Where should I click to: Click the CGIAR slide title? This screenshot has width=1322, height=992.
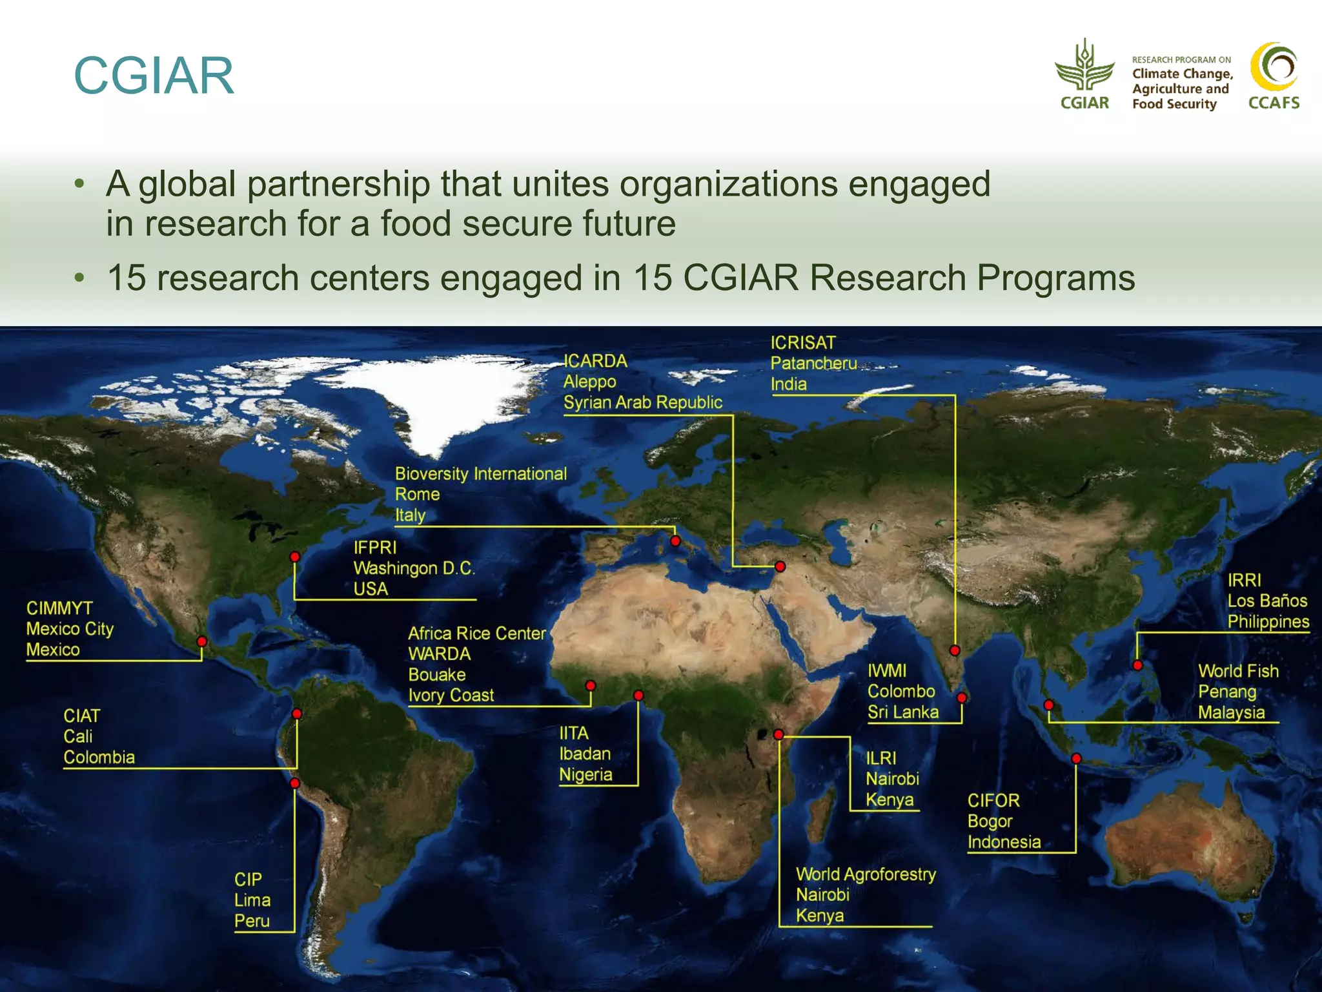(x=154, y=76)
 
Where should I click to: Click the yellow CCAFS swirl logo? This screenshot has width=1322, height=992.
(x=1274, y=67)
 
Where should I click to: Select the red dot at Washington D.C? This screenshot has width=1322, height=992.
(x=295, y=557)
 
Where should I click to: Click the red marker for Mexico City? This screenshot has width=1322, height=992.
(x=202, y=641)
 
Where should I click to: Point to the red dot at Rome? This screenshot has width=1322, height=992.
(x=675, y=541)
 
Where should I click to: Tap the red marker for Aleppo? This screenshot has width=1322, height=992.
(x=780, y=566)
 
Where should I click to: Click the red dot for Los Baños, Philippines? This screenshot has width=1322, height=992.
(x=1137, y=665)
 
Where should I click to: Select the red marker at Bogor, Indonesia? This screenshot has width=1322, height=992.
(x=1076, y=759)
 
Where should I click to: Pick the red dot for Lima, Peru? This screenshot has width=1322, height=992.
(x=295, y=783)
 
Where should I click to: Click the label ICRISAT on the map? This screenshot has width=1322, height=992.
(x=803, y=343)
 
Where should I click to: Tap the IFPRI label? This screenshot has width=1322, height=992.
(x=375, y=548)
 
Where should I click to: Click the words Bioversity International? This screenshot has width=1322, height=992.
(x=481, y=474)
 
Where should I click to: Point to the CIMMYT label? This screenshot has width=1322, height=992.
(x=59, y=608)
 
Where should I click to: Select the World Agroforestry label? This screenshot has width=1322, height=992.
(x=866, y=874)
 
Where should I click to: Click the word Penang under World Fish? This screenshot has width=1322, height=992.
(x=1227, y=692)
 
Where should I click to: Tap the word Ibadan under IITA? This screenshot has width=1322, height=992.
(x=585, y=754)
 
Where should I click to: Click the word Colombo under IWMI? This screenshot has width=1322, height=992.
(x=901, y=692)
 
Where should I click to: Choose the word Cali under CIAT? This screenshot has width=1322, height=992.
(x=78, y=737)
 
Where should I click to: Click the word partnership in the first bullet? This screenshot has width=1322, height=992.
(x=339, y=184)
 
